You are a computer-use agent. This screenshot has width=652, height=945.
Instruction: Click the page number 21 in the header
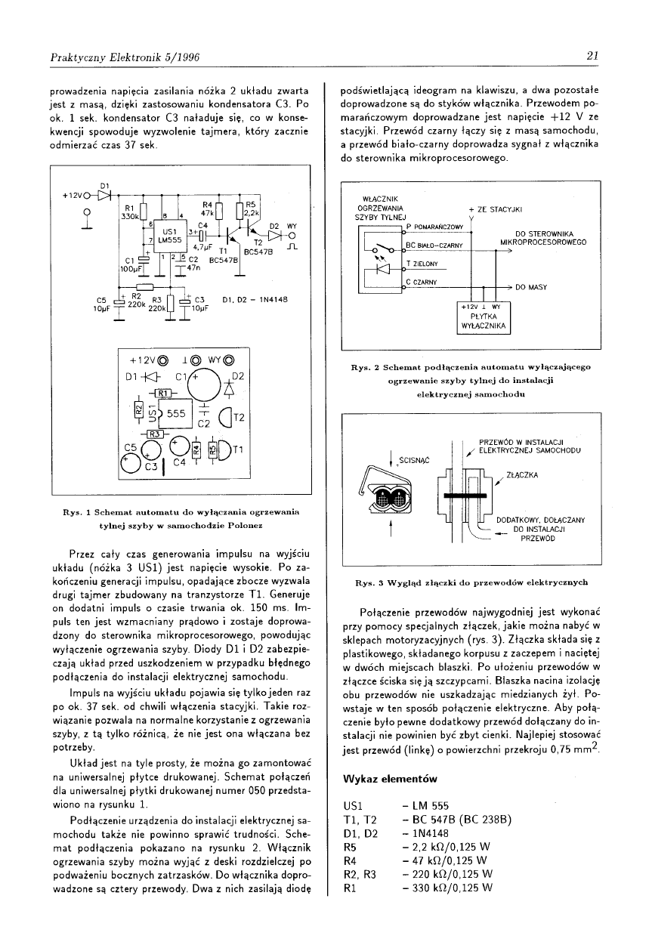tap(592, 56)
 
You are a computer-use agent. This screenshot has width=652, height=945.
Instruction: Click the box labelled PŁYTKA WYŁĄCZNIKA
tap(484, 317)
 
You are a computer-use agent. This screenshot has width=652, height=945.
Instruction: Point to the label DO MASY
tap(532, 288)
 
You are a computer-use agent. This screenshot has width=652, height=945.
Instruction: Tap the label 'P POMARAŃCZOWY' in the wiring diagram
tap(439, 225)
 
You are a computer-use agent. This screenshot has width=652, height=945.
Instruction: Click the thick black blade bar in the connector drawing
tap(464, 496)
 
